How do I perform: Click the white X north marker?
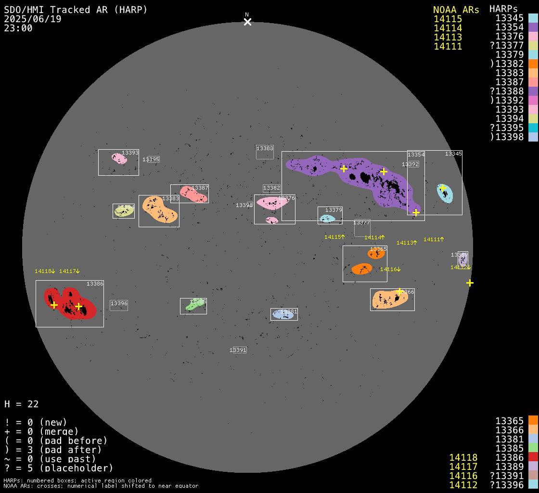(x=247, y=22)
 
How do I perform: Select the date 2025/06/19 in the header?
(x=33, y=19)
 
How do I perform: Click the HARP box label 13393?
(x=130, y=153)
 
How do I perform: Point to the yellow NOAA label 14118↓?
(x=45, y=272)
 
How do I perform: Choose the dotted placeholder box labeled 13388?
(x=265, y=152)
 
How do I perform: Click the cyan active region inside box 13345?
(x=445, y=193)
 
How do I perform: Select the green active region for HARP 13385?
(x=195, y=305)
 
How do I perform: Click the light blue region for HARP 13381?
(x=283, y=314)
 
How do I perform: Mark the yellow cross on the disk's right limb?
(x=470, y=283)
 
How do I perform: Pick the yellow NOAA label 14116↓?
(x=390, y=269)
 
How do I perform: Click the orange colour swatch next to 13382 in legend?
(x=533, y=64)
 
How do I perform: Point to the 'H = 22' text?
(x=22, y=404)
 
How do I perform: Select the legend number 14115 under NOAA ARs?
(x=448, y=19)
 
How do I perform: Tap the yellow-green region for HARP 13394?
(x=124, y=211)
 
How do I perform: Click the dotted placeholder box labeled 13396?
(x=119, y=305)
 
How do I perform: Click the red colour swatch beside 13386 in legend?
(x=533, y=457)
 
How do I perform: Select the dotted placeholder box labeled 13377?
(x=362, y=228)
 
